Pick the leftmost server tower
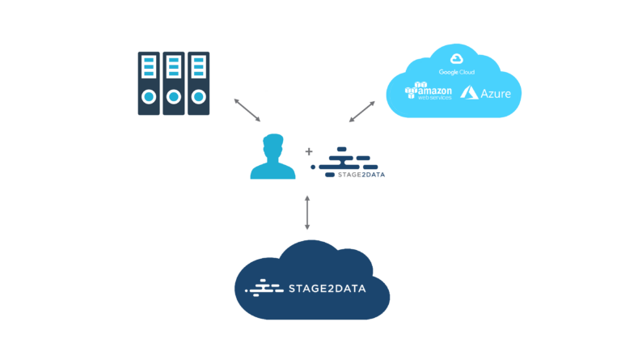click(150, 83)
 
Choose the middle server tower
click(174, 83)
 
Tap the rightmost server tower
click(198, 83)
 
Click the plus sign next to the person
click(308, 151)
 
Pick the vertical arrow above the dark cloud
click(307, 213)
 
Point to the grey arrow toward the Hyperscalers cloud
click(362, 111)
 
